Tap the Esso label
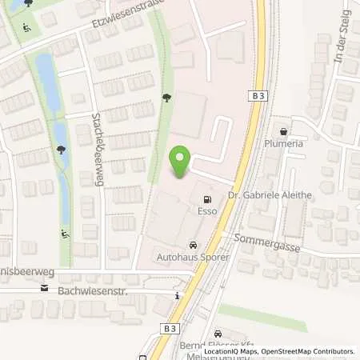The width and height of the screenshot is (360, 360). click(x=208, y=214)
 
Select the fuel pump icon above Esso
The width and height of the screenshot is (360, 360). click(x=208, y=199)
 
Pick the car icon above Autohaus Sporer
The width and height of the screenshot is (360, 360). click(x=192, y=246)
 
